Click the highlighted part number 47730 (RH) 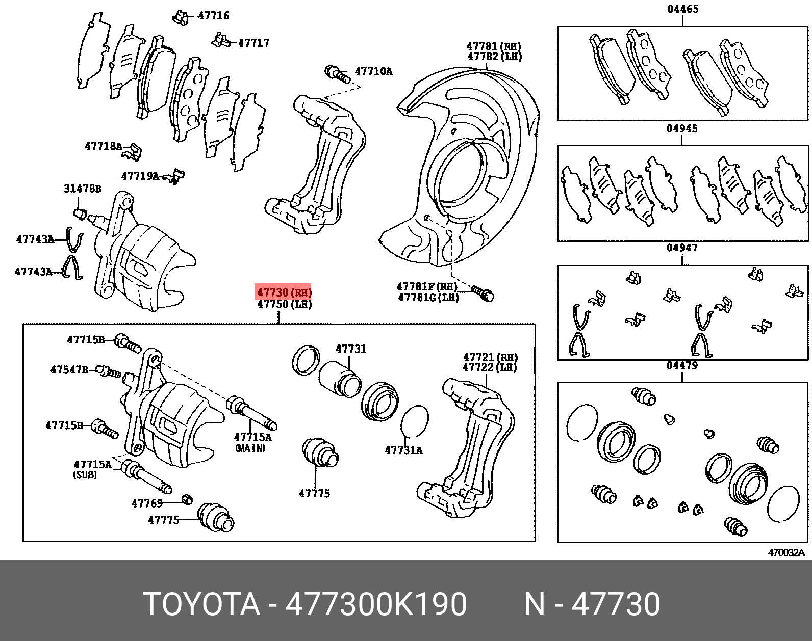[284, 293]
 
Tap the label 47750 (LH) [284, 304]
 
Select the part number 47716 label [213, 16]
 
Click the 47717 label [253, 43]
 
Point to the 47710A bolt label [373, 71]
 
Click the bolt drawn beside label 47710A [336, 73]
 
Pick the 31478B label [82, 189]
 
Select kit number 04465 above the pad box [682, 9]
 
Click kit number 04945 [682, 129]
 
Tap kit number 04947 [682, 248]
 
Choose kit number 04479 [682, 366]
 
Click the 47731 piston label [351, 349]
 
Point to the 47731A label [403, 450]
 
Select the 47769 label [147, 503]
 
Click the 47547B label [69, 370]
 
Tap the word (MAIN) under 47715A [250, 448]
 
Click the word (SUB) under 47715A [85, 474]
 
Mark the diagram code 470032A [786, 553]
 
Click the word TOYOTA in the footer [201, 604]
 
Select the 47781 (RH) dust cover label [494, 46]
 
